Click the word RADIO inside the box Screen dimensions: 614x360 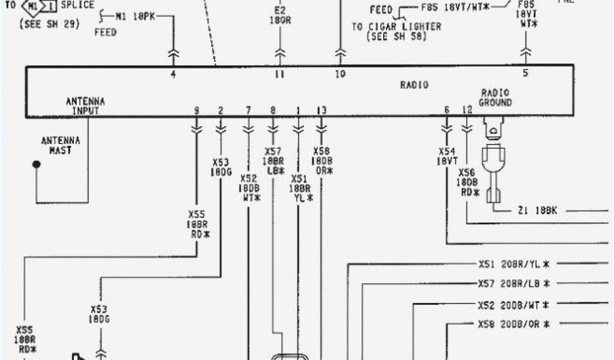(414, 85)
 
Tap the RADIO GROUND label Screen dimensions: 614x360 (495, 98)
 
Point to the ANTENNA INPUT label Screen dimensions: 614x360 (85, 106)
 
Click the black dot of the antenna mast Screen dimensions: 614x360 (37, 164)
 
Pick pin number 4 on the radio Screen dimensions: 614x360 (173, 75)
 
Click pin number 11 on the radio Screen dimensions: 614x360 (279, 75)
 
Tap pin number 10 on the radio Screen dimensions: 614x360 (340, 74)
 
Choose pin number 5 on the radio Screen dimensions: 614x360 (526, 74)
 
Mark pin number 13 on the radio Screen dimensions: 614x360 (322, 110)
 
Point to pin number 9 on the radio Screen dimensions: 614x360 (196, 110)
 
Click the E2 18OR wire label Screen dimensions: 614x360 (279, 14)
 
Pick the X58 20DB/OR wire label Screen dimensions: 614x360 (514, 325)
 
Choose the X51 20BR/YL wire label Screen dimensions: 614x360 (514, 263)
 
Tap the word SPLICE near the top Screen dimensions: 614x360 (78, 5)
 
